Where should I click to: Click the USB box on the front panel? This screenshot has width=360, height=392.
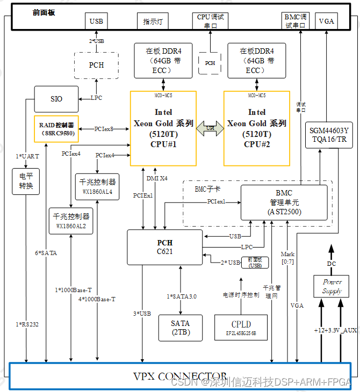(96, 21)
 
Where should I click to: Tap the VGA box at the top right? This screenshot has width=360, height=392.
(326, 21)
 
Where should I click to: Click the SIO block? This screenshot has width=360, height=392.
(56, 99)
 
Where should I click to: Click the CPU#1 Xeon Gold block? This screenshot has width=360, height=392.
(163, 128)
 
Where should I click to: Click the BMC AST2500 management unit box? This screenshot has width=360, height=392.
(284, 202)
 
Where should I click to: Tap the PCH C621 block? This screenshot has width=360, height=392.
(165, 246)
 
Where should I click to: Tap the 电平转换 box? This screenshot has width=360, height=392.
(26, 182)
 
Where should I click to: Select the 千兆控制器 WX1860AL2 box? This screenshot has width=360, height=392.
(71, 221)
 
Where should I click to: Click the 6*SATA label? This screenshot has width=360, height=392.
(46, 252)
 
